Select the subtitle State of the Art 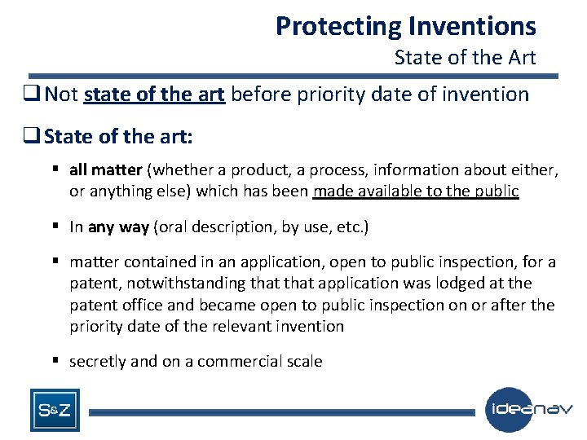point(465,58)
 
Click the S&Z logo point(55,411)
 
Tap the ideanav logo point(528,409)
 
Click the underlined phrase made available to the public point(416,191)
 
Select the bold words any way point(118,227)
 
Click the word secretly point(98,361)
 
